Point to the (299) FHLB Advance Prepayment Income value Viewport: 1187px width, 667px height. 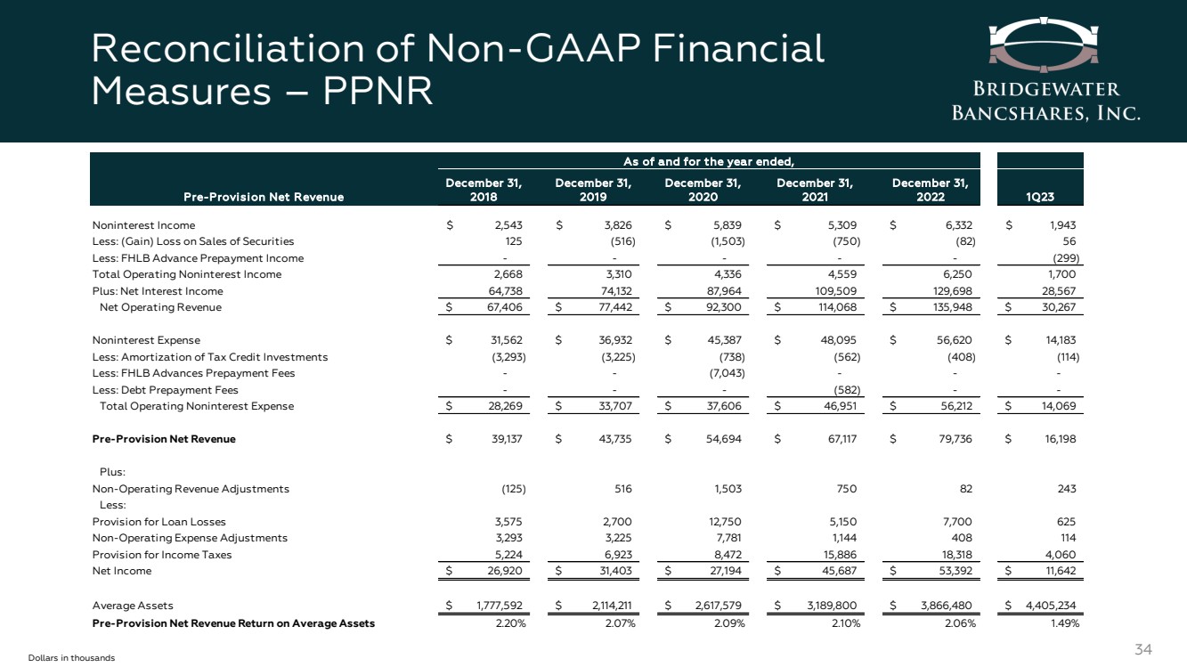pos(1061,258)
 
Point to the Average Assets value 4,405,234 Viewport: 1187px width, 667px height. pos(1047,606)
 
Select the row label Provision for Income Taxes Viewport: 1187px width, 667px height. pos(150,555)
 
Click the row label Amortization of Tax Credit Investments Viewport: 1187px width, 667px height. pos(210,357)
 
